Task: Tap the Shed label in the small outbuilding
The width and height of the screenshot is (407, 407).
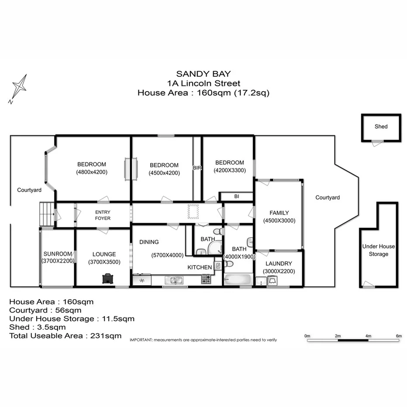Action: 381,127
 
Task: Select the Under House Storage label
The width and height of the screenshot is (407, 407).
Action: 378,250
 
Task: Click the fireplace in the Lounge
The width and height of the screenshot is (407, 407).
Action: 106,279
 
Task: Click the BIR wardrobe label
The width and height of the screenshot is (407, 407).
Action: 197,168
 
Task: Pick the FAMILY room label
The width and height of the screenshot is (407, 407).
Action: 279,213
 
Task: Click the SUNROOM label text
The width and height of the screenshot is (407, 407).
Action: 58,254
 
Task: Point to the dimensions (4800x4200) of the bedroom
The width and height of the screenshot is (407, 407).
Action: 92,172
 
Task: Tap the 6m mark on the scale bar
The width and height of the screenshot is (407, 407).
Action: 398,336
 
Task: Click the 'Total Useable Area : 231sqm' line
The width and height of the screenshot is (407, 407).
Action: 66,336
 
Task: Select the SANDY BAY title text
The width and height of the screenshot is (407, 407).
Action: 203,74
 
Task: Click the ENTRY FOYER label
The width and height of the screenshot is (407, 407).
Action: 103,215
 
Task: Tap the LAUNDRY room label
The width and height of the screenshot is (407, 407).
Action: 279,264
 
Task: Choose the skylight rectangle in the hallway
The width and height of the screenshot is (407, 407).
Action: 193,211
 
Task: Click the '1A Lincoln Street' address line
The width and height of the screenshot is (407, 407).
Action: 203,83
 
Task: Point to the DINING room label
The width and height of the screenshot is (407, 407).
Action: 149,242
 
